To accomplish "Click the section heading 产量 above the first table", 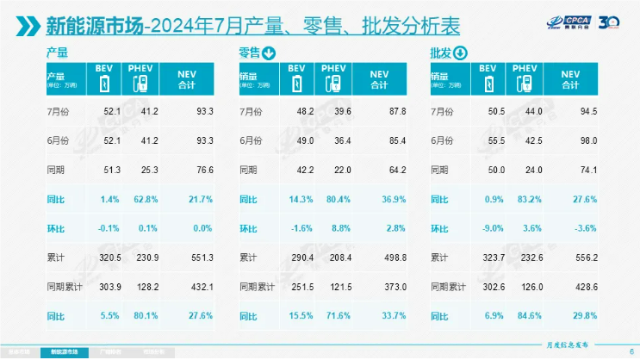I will point(57,53).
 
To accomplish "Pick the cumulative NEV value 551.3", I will point(199,258).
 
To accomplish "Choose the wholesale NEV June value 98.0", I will point(584,141).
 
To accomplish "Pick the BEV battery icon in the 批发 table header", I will point(488,84).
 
